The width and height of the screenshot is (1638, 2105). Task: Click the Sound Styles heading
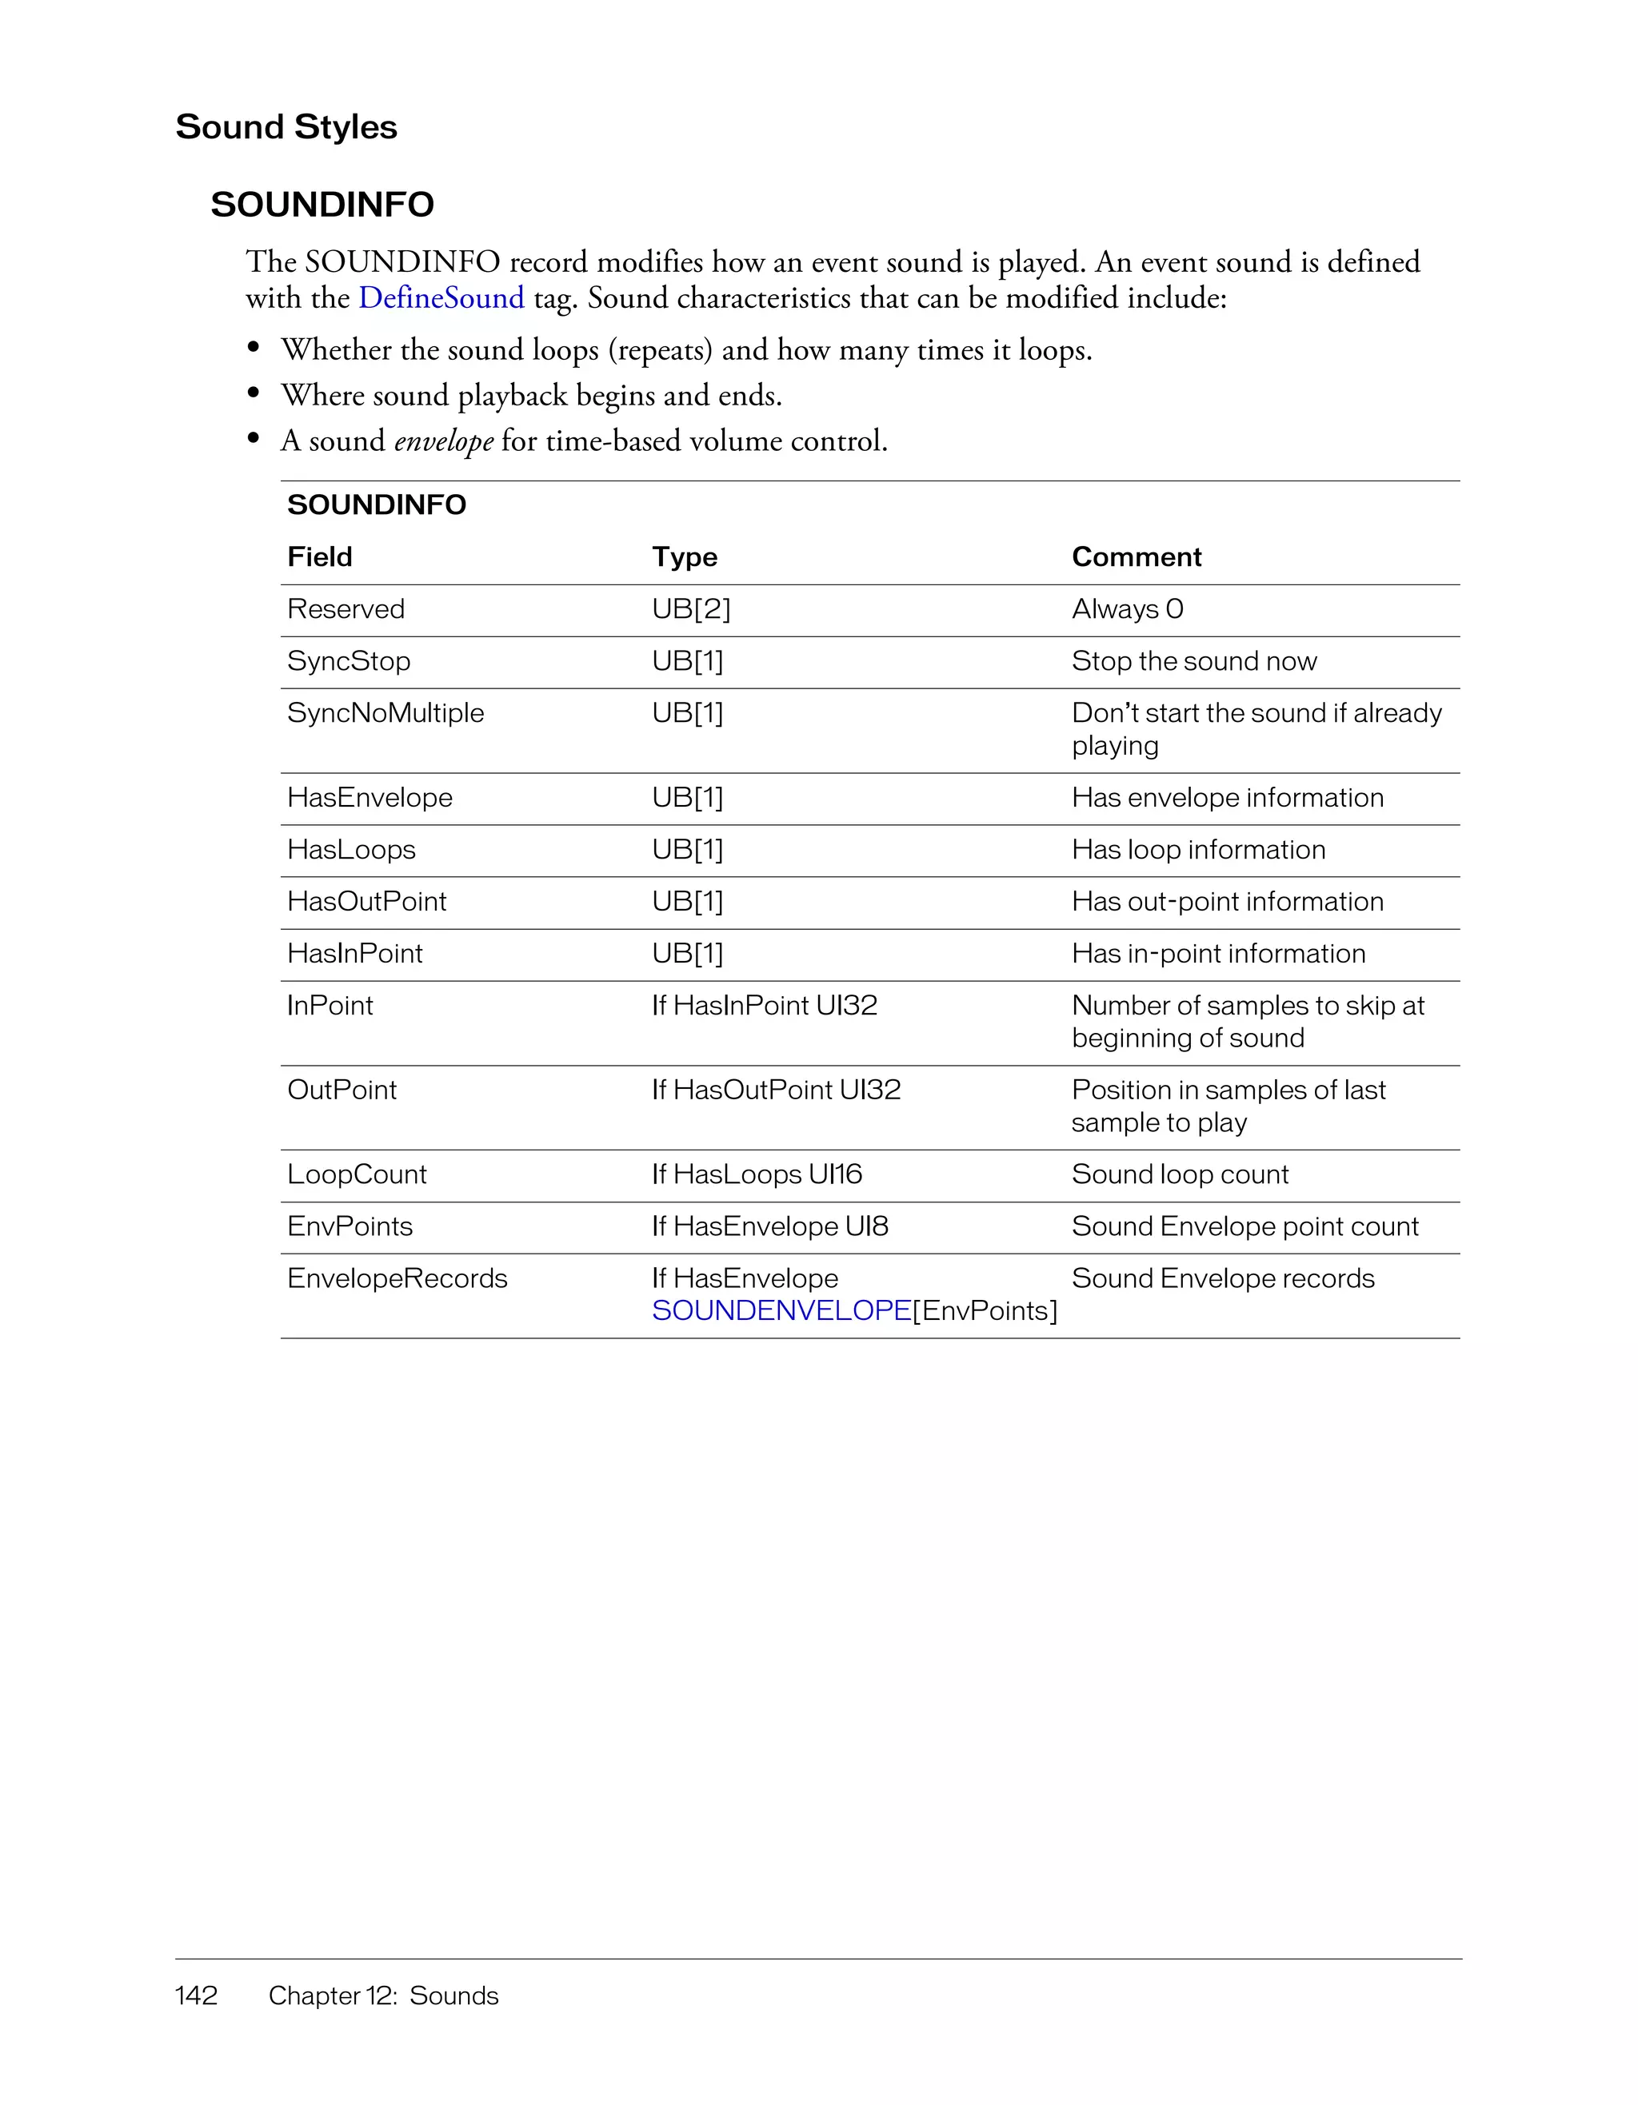tap(286, 127)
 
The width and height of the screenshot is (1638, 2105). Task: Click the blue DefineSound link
tap(441, 298)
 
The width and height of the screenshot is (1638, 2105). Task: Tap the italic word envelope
tap(443, 441)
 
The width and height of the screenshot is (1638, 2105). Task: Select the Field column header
tap(319, 557)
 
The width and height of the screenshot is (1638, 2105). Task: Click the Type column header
tap(684, 557)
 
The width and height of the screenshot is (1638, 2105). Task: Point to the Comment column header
tap(1136, 557)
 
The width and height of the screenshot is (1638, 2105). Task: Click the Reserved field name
tap(346, 609)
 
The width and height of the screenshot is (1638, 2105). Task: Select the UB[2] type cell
tap(690, 609)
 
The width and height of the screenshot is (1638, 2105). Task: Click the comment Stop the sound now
tap(1193, 661)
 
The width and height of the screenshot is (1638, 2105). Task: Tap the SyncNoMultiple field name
tap(386, 713)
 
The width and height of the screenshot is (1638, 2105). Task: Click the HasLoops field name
tap(351, 850)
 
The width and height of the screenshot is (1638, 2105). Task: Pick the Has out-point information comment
tap(1227, 902)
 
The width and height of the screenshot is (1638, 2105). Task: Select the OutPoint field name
tap(342, 1090)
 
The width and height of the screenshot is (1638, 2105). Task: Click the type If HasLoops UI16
tap(756, 1175)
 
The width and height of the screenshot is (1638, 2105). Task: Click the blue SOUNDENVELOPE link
tap(781, 1311)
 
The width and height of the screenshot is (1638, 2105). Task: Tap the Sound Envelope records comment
tap(1222, 1279)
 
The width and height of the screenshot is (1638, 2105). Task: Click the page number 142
tap(196, 1995)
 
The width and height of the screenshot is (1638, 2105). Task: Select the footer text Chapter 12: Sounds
tap(383, 1995)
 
